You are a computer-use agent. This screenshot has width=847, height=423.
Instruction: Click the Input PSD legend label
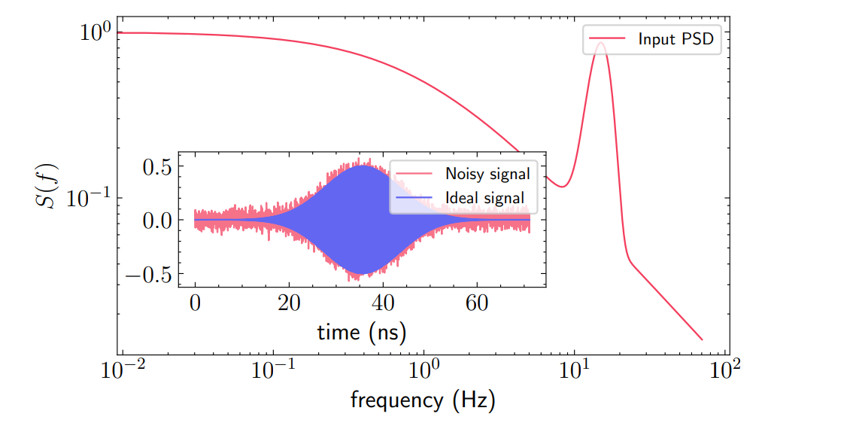pos(675,40)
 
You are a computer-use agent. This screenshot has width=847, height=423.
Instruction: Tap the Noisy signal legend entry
pos(487,174)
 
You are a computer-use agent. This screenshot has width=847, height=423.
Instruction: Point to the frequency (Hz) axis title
pos(423,400)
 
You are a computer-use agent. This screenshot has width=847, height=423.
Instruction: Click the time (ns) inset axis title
pos(356,331)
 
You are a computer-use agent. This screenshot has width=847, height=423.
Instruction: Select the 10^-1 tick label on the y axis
pos(90,199)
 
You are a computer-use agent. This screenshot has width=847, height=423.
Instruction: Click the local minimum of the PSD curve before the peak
pos(562,186)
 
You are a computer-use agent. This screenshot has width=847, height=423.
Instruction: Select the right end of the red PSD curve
pos(702,339)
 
